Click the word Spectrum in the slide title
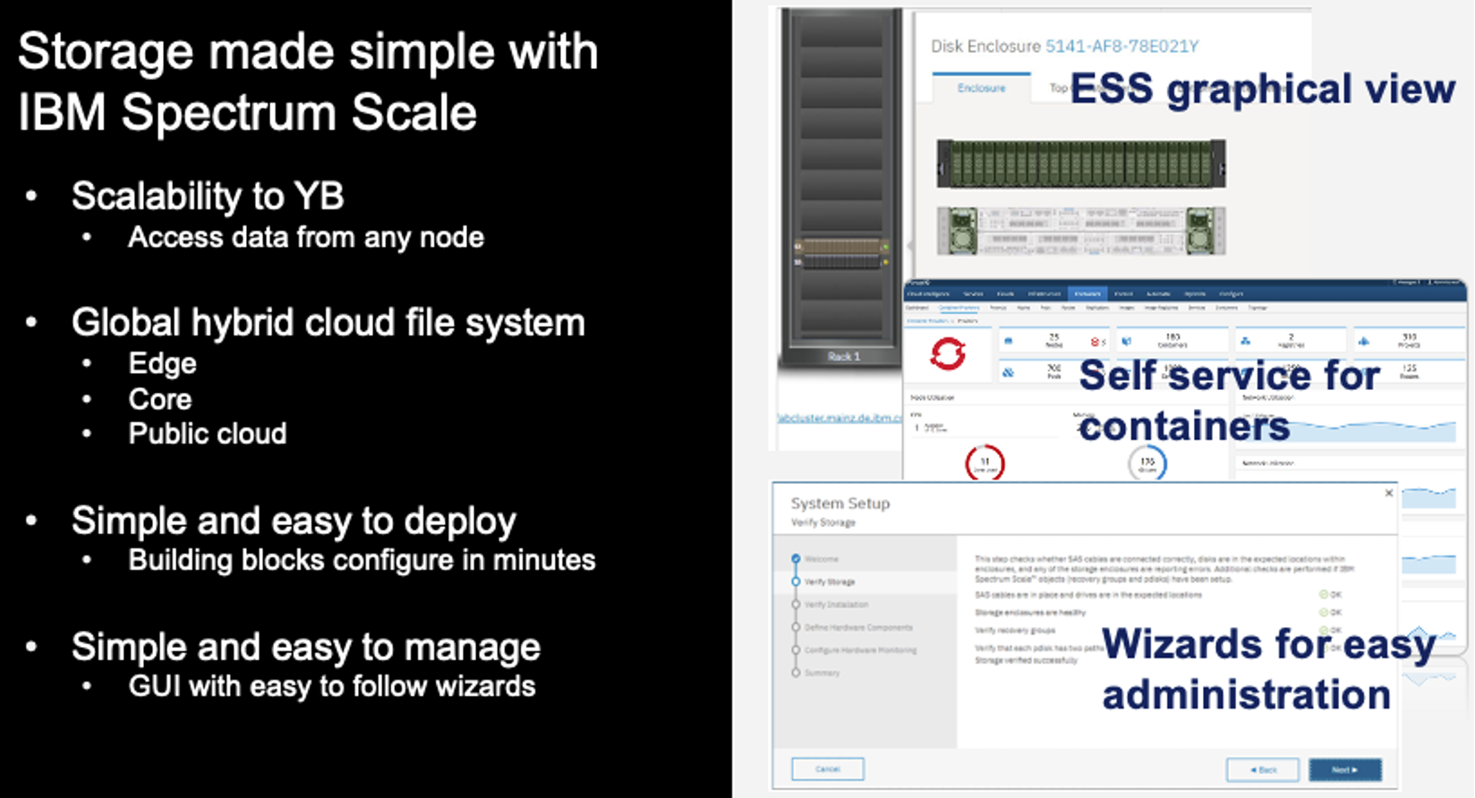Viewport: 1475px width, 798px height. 229,114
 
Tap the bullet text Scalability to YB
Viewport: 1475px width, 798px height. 208,197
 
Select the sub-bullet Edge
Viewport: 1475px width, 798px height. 162,364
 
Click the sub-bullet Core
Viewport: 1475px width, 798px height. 160,399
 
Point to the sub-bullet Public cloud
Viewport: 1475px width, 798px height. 207,434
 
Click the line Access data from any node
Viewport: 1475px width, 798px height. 305,238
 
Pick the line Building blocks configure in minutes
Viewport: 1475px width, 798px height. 362,561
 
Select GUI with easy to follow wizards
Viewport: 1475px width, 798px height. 331,687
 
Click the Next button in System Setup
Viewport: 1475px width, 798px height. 1344,769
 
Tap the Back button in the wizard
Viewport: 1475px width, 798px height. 1262,769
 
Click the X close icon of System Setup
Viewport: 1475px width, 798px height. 1388,493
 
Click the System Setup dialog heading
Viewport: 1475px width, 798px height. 840,504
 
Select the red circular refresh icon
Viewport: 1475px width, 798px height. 948,354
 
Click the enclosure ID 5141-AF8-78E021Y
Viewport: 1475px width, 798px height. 1121,47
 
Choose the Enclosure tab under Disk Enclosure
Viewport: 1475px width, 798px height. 981,88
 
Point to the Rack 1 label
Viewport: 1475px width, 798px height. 843,356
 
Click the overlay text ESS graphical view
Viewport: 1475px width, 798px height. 1262,89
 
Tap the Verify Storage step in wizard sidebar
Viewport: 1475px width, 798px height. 829,582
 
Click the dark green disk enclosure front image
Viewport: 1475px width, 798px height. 1080,164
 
